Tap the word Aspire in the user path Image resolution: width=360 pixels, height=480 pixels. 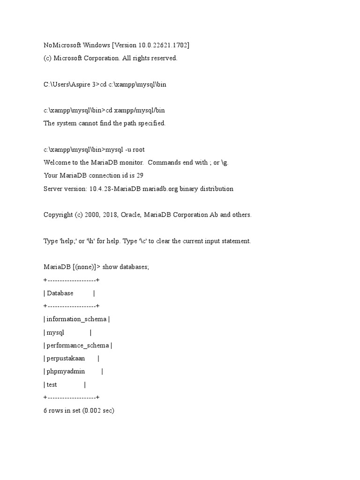pyautogui.click(x=81, y=84)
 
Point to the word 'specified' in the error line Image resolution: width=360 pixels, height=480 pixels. pyautogui.click(x=151, y=123)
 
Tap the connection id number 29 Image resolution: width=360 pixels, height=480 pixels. pyautogui.click(x=140, y=176)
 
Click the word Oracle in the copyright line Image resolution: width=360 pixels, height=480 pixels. pyautogui.click(x=131, y=215)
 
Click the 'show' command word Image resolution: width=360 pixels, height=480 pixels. pyautogui.click(x=110, y=267)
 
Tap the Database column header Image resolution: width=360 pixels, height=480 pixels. pyautogui.click(x=60, y=293)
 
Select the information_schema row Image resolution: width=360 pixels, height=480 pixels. pyautogui.click(x=76, y=319)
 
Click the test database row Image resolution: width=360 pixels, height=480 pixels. pyautogui.click(x=52, y=385)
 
